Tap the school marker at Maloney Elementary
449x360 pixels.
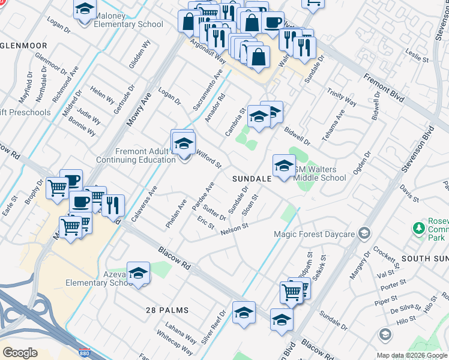[x=85, y=10]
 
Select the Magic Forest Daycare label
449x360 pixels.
[x=314, y=233]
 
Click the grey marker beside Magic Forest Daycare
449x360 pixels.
[x=363, y=233]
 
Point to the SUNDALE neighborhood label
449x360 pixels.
[x=252, y=178]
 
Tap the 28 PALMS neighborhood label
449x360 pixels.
[x=167, y=310]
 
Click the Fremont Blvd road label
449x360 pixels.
[x=385, y=89]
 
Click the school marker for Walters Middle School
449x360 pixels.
[x=284, y=166]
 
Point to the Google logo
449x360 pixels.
[x=20, y=352]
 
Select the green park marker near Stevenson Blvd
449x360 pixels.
[x=418, y=228]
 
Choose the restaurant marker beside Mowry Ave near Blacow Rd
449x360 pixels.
[x=113, y=205]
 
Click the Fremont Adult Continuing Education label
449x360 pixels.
[x=137, y=156]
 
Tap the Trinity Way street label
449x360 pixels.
[x=342, y=99]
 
